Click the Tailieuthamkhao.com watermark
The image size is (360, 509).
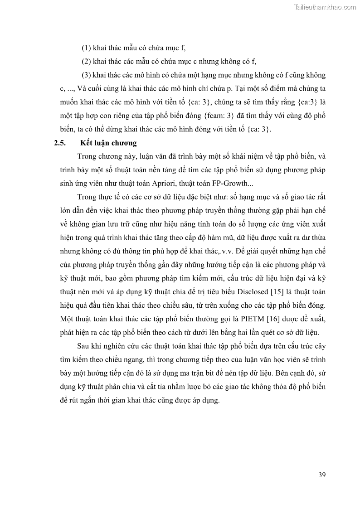325,7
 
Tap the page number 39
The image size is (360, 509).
322,475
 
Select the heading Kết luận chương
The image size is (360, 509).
108,143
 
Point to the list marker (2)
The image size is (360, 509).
86,61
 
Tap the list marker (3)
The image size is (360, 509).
87,75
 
